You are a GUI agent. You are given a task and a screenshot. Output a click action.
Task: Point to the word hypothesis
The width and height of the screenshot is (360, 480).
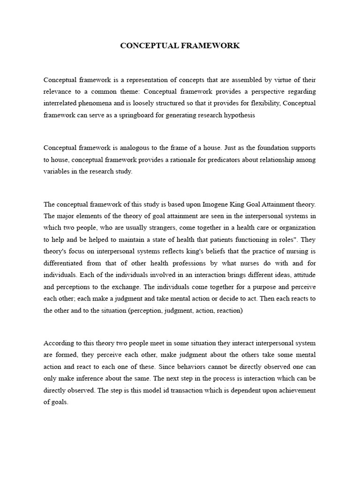[239, 115]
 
